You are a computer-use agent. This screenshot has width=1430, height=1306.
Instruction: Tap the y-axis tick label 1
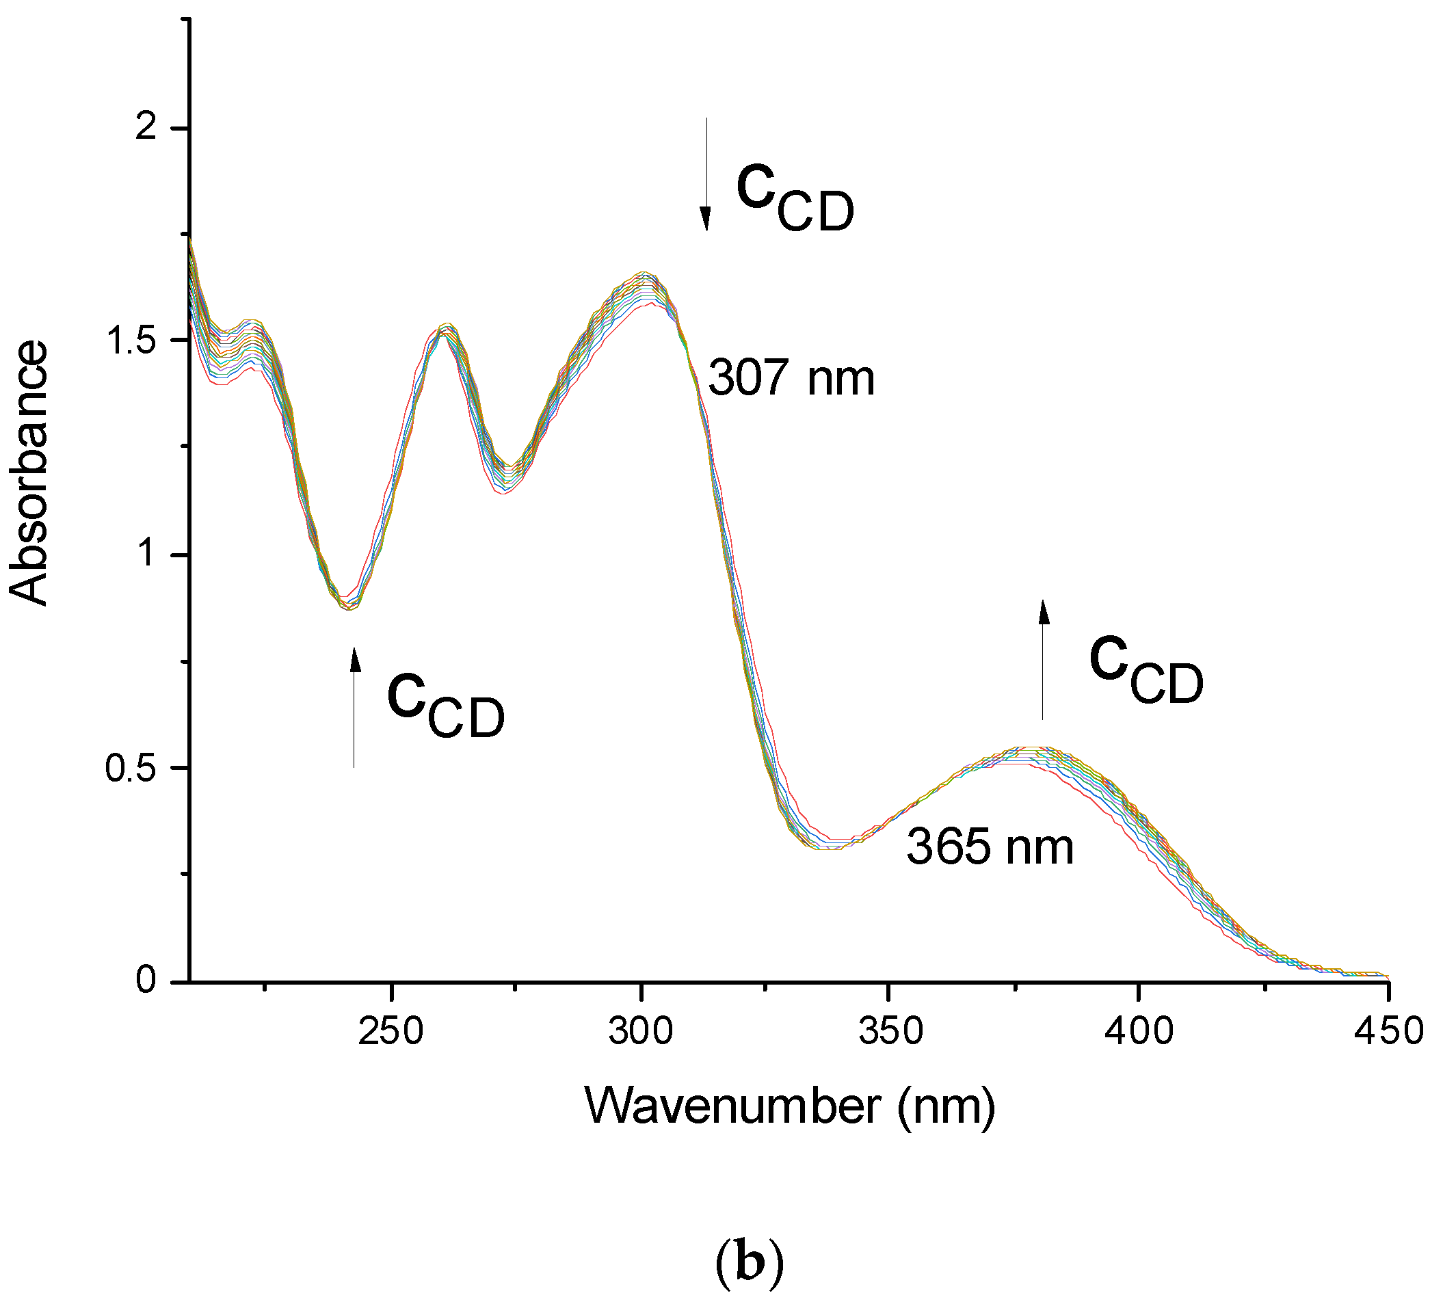click(x=147, y=552)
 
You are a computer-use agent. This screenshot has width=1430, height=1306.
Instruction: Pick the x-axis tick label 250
click(x=390, y=1030)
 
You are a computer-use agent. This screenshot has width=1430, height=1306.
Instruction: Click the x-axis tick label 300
click(x=641, y=1030)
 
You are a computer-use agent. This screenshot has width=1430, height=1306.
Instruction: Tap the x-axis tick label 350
click(x=890, y=1030)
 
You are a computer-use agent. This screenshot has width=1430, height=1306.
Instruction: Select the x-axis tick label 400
click(x=1139, y=1030)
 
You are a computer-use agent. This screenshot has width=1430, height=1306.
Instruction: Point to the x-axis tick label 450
click(x=1388, y=1030)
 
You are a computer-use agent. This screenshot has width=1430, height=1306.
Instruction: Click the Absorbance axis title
click(x=28, y=473)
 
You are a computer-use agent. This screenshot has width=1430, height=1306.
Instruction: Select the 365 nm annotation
click(x=990, y=847)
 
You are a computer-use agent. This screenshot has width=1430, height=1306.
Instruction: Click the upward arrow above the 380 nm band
click(x=1043, y=660)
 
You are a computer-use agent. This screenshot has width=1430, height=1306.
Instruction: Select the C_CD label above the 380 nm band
click(x=1146, y=669)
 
